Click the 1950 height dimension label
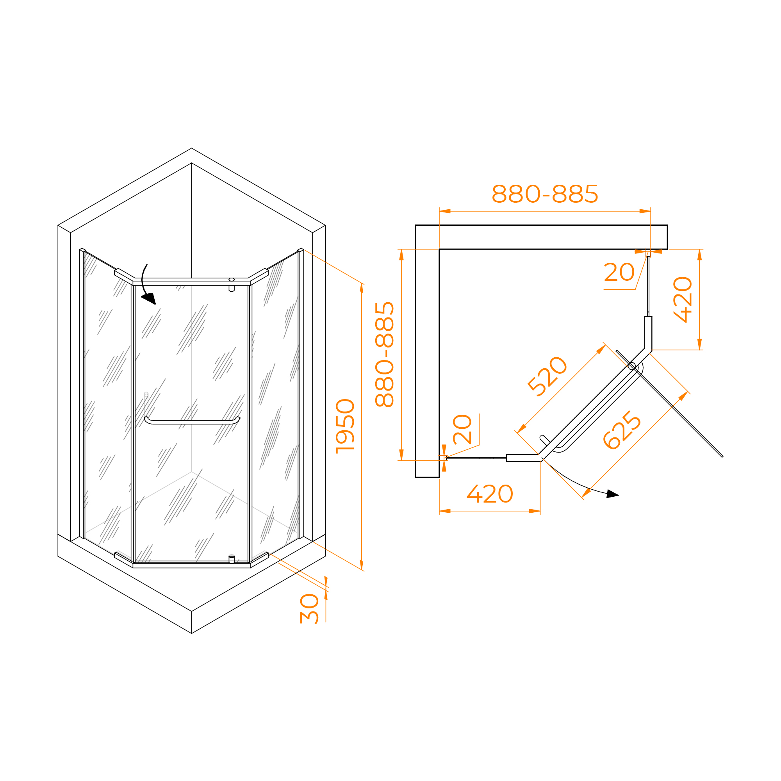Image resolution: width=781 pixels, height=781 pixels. (x=345, y=426)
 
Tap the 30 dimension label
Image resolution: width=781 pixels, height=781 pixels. (x=310, y=608)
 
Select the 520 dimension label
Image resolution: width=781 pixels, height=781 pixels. (x=547, y=376)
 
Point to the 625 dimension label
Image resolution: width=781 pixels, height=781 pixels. (x=622, y=430)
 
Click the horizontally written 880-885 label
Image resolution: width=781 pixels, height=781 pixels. (x=544, y=194)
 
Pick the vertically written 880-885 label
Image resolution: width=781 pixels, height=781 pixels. (x=384, y=354)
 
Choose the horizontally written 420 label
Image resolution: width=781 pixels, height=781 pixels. (x=490, y=494)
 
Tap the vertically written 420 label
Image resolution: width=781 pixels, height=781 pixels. (x=683, y=300)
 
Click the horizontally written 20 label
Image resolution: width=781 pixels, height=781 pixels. (x=619, y=272)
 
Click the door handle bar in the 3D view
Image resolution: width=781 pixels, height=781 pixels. (x=192, y=421)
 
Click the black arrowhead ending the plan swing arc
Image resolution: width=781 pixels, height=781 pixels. (x=612, y=494)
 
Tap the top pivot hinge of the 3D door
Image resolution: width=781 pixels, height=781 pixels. (x=232, y=285)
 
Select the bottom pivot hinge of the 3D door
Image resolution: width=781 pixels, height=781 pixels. (x=232, y=560)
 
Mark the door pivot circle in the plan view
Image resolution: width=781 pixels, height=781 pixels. (x=632, y=366)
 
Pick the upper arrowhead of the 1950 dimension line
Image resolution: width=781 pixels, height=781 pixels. (x=362, y=288)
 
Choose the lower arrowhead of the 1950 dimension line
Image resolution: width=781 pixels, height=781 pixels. (x=362, y=565)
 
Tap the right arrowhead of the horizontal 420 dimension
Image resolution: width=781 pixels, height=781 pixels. (x=535, y=511)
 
